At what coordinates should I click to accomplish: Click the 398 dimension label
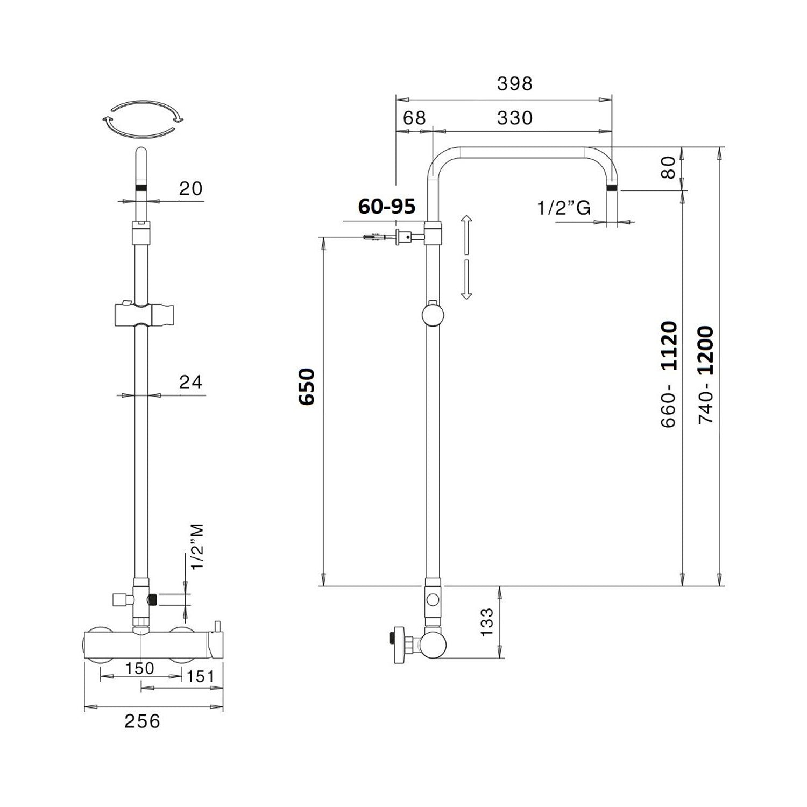click(x=514, y=83)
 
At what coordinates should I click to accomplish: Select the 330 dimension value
click(x=514, y=118)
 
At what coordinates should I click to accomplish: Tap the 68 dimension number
click(x=414, y=118)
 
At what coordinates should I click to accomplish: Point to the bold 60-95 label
click(x=387, y=206)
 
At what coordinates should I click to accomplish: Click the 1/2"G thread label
click(x=564, y=207)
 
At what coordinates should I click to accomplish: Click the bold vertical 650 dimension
click(x=307, y=386)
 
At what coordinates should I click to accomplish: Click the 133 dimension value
click(x=486, y=622)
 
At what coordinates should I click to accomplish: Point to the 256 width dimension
click(x=142, y=721)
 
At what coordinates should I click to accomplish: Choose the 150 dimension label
click(x=139, y=668)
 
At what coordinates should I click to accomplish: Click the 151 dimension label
click(x=200, y=676)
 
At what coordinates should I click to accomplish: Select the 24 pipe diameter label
click(x=190, y=382)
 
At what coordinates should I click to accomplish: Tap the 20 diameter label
click(x=190, y=188)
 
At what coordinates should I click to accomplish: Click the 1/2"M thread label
click(x=197, y=547)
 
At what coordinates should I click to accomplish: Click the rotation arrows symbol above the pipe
click(x=143, y=119)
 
